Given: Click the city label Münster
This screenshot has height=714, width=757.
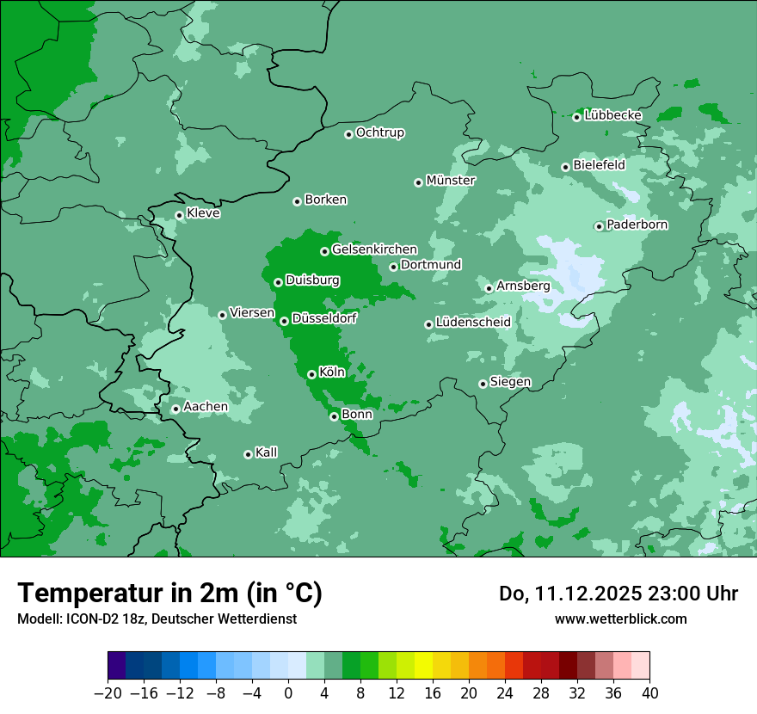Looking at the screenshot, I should (x=451, y=181).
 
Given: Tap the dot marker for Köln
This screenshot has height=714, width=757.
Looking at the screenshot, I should (x=311, y=374).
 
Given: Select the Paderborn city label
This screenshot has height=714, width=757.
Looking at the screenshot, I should (x=637, y=225).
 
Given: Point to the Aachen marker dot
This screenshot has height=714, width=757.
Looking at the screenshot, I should (x=175, y=409).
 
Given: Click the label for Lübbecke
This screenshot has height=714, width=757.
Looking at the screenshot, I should (x=613, y=115).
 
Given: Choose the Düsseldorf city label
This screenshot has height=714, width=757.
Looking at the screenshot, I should (x=324, y=318).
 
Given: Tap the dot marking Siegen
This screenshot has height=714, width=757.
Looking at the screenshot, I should (x=483, y=384).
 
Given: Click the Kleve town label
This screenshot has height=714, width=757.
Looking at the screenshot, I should (x=203, y=213).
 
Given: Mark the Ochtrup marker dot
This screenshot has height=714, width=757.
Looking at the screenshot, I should (x=348, y=133).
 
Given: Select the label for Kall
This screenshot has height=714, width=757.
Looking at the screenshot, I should (x=267, y=452).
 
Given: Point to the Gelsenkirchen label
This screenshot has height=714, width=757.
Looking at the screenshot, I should (x=374, y=249).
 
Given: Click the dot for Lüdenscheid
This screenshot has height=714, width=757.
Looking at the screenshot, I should (x=428, y=324).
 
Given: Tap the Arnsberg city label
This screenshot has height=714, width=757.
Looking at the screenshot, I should (x=523, y=286).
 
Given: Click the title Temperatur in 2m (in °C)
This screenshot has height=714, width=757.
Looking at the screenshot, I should (x=169, y=593).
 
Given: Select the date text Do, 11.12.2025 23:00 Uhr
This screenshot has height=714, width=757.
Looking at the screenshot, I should (x=619, y=594).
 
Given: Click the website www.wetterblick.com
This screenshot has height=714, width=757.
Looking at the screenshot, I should (x=620, y=619).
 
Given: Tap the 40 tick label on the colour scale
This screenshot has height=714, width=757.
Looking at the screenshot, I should (x=649, y=693).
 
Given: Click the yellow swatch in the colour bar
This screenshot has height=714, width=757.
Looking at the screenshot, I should (x=423, y=666).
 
